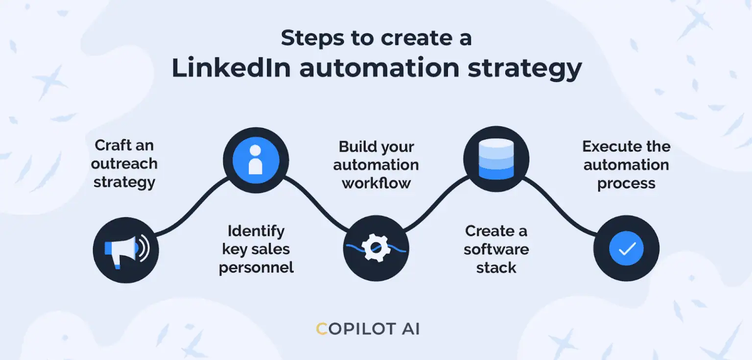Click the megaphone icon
pos(127,250)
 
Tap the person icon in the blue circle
pos(256,160)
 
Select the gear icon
pos(376,248)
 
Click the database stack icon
pos(496,159)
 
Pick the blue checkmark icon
pos(626,248)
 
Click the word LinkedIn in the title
pos(231,68)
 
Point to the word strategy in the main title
pos(525,70)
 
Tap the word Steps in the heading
pos(312,38)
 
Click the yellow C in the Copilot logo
pos(322,329)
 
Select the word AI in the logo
pos(411,329)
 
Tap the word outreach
pos(124,164)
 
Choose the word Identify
pos(256,232)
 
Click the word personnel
pos(256,268)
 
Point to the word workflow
pos(376,183)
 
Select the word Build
pos(355,147)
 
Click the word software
pos(496,249)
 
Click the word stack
pos(496,268)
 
